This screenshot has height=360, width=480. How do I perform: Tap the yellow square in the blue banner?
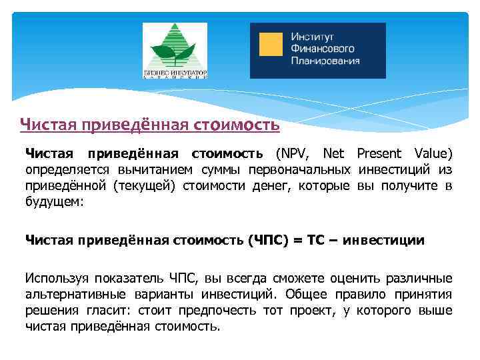270,45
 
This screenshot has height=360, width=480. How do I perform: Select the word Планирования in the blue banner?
325,60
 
